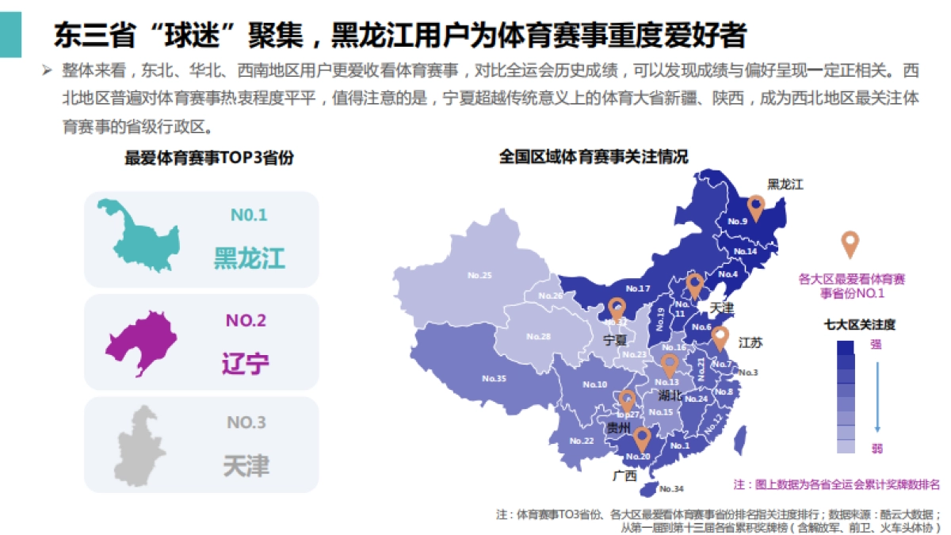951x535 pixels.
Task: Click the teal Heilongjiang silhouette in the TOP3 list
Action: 136,235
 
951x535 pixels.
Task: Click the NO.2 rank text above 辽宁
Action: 246,321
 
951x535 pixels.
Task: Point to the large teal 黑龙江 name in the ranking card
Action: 249,258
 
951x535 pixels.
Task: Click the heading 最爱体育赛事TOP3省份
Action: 208,158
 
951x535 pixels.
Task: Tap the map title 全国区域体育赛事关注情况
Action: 594,157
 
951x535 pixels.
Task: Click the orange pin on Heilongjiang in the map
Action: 755,208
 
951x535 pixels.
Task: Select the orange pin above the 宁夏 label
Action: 617,308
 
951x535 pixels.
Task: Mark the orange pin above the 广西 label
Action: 642,438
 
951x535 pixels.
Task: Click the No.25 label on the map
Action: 479,276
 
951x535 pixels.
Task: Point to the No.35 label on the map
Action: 494,379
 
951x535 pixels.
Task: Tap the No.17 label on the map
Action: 637,289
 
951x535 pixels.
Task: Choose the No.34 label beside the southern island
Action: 671,488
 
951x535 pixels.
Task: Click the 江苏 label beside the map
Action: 750,343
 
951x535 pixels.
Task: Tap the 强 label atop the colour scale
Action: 876,344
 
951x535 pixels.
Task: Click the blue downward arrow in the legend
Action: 877,396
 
